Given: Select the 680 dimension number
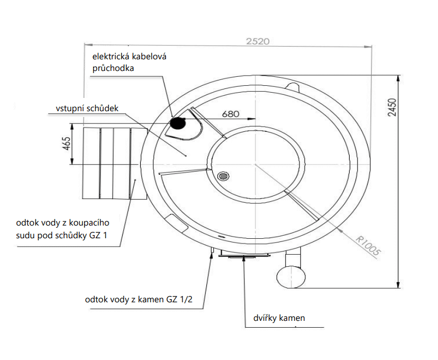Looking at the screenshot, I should click(x=231, y=113).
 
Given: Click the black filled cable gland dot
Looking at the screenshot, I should click(x=177, y=123).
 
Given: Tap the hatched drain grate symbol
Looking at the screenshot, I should click(x=223, y=176).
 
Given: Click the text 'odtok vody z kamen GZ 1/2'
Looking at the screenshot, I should click(x=139, y=300).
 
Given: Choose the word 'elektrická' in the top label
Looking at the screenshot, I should click(x=111, y=56).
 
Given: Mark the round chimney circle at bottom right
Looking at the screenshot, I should click(x=291, y=275).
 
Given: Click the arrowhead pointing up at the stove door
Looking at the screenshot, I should click(x=244, y=259).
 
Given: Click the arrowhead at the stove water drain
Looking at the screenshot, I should click(x=212, y=255).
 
